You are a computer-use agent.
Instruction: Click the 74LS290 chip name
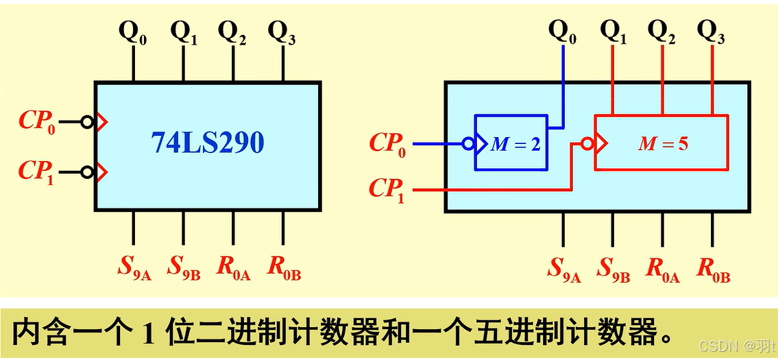point(208,143)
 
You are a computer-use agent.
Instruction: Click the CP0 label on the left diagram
point(36,122)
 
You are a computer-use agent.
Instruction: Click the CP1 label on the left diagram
point(36,171)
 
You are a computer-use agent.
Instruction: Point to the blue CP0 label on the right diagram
point(387,145)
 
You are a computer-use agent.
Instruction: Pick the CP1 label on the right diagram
point(387,189)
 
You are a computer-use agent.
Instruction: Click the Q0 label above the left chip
point(133,32)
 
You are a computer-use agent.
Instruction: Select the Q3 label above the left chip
point(282,32)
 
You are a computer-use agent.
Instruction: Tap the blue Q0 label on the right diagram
point(563,32)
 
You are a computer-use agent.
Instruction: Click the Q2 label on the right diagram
point(661,32)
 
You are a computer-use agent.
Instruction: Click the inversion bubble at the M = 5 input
point(587,145)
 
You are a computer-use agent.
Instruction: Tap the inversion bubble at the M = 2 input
point(468,145)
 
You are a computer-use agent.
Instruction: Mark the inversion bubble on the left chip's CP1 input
point(87,171)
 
